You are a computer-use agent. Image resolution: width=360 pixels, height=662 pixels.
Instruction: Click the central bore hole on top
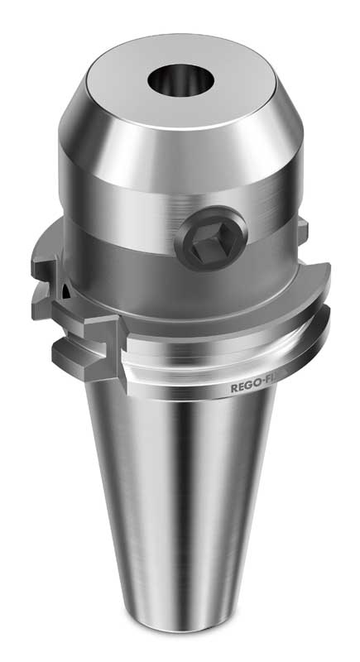coord(180,80)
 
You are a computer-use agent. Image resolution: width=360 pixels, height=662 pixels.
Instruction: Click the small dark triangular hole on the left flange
coord(59,290)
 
